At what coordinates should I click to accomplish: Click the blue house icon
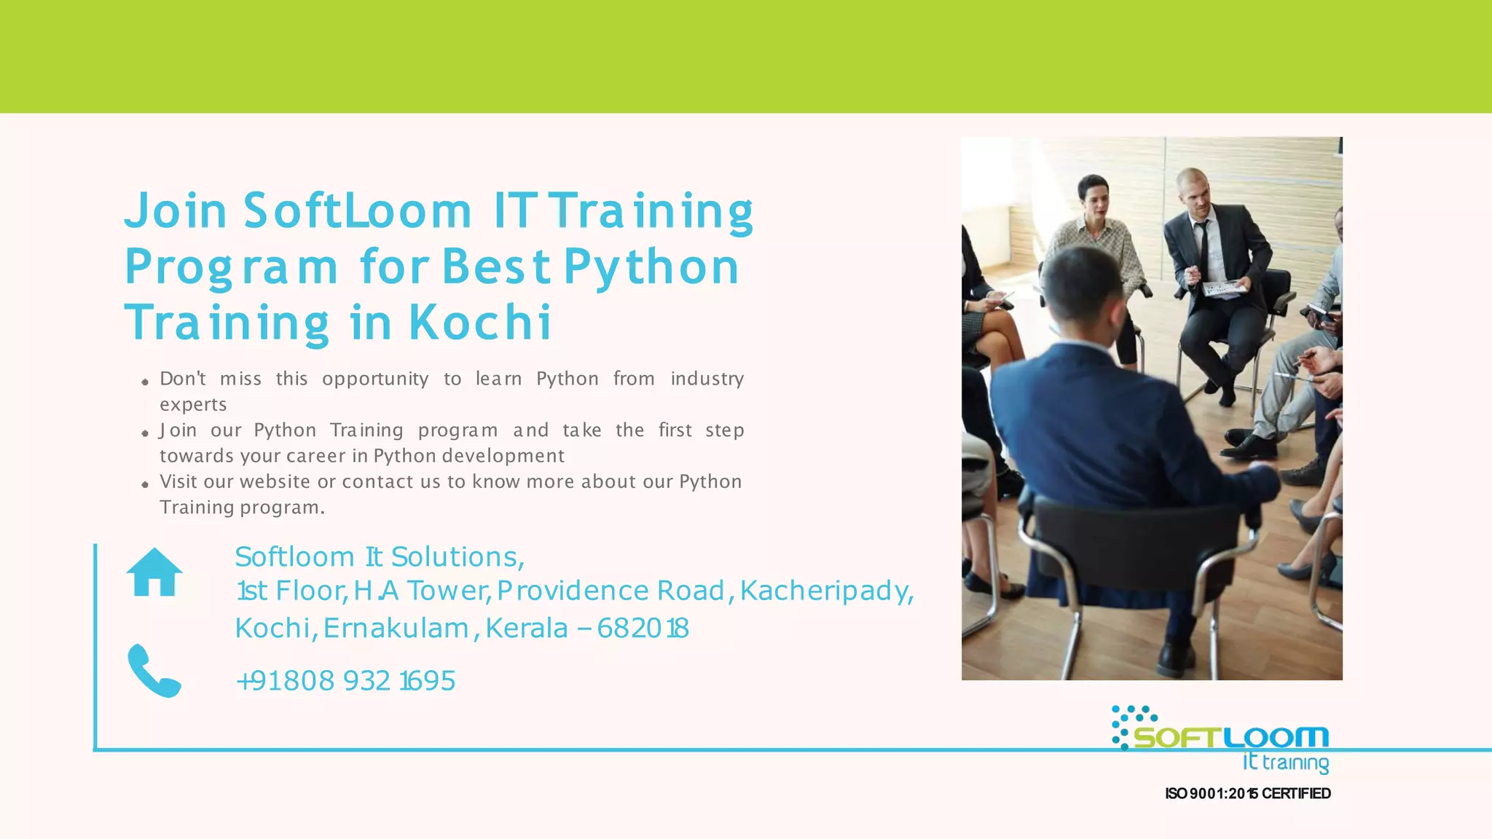coord(154,572)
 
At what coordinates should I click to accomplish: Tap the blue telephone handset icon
coord(154,670)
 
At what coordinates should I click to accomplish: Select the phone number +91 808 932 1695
coord(345,681)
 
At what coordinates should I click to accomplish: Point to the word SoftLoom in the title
coord(358,210)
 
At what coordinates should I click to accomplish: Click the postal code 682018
coord(643,628)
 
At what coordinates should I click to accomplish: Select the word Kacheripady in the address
coord(826,591)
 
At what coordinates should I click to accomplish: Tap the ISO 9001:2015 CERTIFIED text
coord(1248,793)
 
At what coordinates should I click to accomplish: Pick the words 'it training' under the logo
coord(1286,763)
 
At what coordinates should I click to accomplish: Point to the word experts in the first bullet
coord(193,404)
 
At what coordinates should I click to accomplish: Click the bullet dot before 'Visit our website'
coord(145,484)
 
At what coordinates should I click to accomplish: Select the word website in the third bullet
coord(275,481)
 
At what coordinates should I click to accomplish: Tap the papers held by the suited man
coord(1224,289)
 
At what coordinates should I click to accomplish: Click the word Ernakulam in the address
coord(396,628)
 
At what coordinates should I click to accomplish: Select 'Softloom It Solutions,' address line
coord(379,557)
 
